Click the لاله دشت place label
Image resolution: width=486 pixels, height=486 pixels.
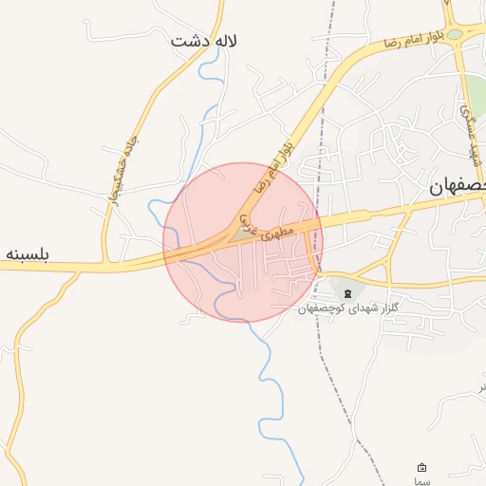203,42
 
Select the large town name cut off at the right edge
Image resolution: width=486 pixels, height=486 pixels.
457,188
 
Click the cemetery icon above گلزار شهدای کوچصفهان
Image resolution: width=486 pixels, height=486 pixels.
347,291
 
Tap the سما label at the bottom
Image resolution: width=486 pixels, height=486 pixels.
422,482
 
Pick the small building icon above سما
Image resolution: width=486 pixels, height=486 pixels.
422,468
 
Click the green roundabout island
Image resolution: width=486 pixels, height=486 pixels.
455,34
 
